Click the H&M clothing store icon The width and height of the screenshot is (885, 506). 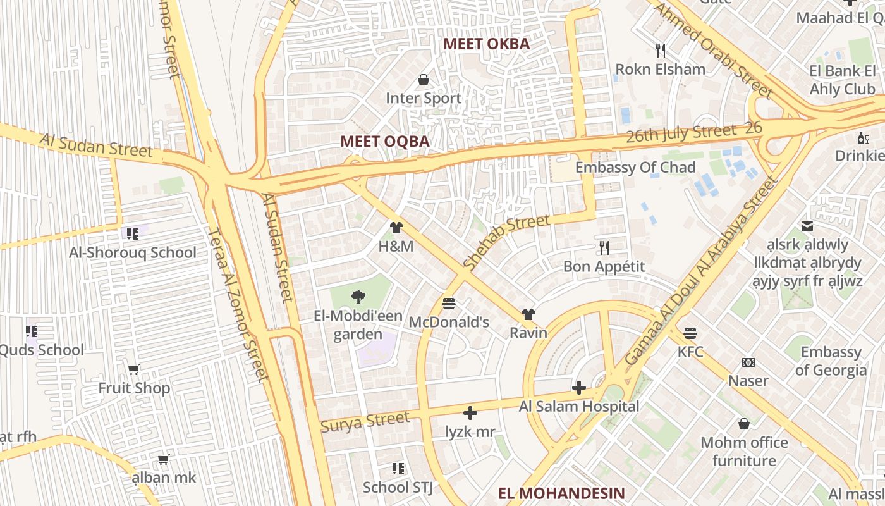396,228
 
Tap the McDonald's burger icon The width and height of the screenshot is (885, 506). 449,304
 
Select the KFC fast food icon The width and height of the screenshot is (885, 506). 690,333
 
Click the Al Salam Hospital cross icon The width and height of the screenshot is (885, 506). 579,388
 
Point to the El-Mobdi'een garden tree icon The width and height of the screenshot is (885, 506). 358,297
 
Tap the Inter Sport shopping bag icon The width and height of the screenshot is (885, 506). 424,80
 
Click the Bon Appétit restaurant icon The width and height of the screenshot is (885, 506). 604,247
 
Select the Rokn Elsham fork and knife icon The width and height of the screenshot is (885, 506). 661,50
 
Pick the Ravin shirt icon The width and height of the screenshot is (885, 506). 528,314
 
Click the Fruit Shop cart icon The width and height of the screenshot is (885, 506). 134,369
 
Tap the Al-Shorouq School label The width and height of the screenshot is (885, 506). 133,252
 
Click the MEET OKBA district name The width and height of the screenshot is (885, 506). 486,44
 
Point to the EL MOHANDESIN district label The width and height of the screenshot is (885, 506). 561,493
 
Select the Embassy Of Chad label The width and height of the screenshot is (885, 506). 635,168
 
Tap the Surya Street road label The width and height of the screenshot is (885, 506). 365,421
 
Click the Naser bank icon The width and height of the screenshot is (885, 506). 748,362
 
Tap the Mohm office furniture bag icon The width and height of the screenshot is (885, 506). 744,423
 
